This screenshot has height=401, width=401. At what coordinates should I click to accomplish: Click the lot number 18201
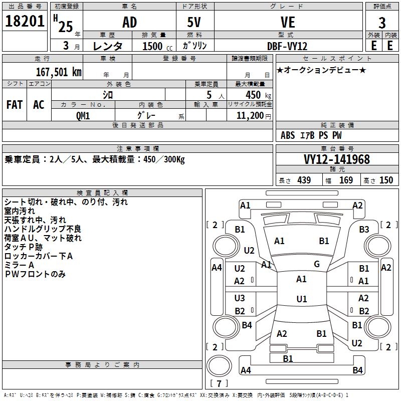click(25, 22)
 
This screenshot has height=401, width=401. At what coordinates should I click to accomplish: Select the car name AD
click(129, 23)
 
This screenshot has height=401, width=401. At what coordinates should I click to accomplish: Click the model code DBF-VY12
click(287, 46)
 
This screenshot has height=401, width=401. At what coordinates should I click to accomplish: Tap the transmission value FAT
click(15, 105)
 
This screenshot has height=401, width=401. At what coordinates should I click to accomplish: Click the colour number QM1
click(83, 115)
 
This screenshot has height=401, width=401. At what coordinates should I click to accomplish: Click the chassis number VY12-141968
click(337, 159)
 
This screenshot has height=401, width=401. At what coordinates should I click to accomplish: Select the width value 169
click(346, 180)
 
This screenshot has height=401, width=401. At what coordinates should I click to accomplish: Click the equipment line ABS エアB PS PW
click(311, 135)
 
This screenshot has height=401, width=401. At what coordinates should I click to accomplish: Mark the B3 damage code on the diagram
click(364, 229)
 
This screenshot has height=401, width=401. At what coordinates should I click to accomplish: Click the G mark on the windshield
click(317, 264)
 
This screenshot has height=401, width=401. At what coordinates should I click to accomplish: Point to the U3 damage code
click(240, 298)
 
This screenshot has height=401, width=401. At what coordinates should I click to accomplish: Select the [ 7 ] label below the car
click(219, 384)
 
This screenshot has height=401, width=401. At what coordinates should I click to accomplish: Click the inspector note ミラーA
click(19, 265)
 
